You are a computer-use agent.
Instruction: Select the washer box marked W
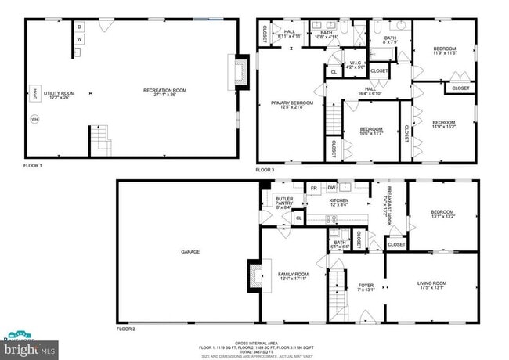(79, 39)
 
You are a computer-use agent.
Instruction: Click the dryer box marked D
(79, 27)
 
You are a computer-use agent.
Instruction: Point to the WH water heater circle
(34, 120)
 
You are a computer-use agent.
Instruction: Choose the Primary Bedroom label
(291, 104)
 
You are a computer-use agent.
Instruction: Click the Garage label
(190, 252)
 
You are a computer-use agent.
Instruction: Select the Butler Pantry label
(284, 202)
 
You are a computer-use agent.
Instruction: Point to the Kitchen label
(338, 202)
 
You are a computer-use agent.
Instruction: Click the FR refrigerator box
(313, 188)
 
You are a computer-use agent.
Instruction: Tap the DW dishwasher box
(331, 188)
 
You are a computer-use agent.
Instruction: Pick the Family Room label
(293, 275)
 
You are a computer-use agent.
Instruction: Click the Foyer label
(366, 286)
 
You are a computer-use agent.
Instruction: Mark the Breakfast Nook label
(387, 202)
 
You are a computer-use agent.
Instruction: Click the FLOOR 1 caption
(33, 166)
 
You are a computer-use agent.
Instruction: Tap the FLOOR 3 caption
(265, 169)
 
